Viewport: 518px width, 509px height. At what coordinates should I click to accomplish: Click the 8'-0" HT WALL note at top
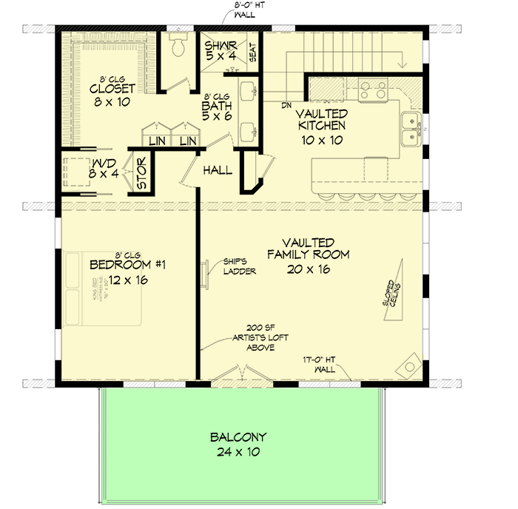pyautogui.click(x=246, y=10)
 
